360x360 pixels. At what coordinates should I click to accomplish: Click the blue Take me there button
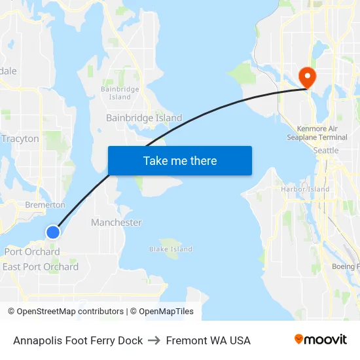(180, 160)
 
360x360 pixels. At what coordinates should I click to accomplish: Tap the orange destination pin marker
(306, 78)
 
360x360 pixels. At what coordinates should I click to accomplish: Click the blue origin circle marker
(53, 232)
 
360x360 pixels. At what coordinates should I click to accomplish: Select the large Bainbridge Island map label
(144, 118)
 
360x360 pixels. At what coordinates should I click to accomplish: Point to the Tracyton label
(20, 139)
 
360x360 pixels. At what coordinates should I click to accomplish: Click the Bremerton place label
(45, 205)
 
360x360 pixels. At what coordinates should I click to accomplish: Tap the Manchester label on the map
(117, 223)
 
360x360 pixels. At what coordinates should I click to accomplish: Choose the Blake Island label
(171, 249)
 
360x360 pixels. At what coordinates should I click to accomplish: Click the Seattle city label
(326, 151)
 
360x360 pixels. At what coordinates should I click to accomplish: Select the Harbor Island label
(305, 189)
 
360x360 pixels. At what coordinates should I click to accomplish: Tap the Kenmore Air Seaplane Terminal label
(317, 133)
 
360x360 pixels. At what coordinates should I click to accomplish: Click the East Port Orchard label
(41, 266)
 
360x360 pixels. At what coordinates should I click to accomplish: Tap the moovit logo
(320, 340)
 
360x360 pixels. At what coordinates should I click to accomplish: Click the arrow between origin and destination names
(154, 340)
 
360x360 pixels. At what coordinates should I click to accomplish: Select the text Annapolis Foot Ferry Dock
(78, 340)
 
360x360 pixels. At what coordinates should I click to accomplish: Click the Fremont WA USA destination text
(208, 340)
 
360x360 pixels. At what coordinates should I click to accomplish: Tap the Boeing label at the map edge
(346, 266)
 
